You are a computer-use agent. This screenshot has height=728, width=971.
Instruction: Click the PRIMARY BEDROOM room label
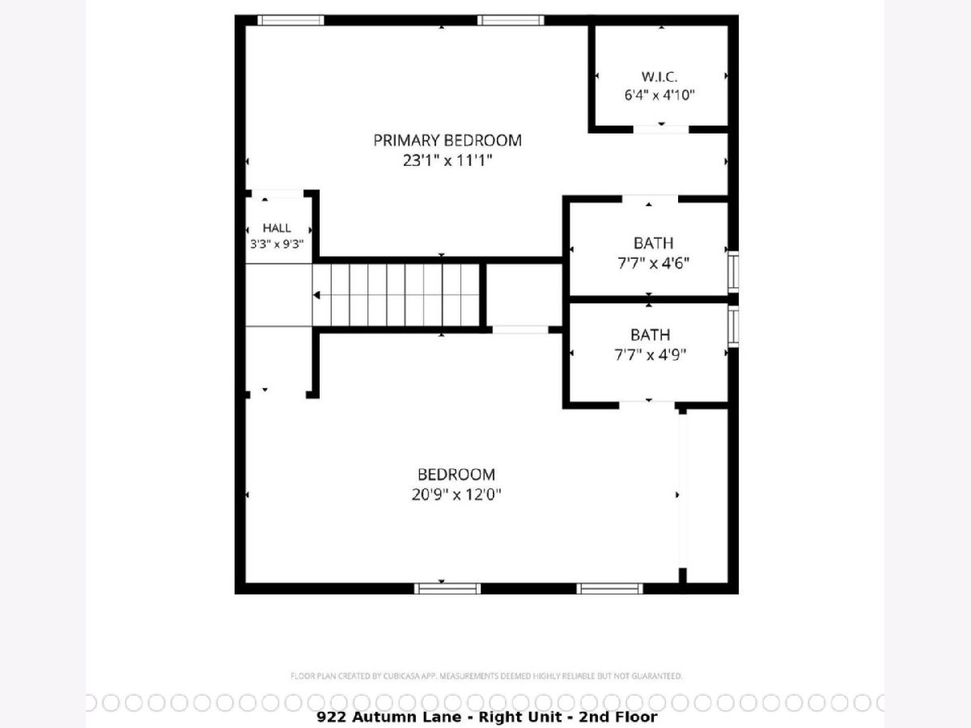click(x=447, y=141)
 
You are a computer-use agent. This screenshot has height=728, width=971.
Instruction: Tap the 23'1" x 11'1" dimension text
click(x=447, y=160)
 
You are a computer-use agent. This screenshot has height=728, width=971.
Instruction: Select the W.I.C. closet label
click(x=659, y=77)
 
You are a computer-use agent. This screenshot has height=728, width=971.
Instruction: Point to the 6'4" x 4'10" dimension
click(x=659, y=95)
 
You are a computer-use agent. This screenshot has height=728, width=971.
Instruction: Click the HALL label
click(x=277, y=228)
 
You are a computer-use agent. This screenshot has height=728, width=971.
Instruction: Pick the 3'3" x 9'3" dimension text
click(x=277, y=244)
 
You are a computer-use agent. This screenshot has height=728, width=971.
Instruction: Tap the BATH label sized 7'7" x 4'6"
click(x=653, y=243)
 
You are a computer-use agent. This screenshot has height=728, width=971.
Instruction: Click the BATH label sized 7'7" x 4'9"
click(x=651, y=335)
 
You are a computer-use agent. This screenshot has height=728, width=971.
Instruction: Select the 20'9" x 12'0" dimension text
click(x=456, y=494)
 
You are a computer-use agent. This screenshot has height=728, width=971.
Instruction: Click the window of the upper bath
click(x=733, y=272)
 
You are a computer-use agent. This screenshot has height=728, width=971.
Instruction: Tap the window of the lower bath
click(x=733, y=327)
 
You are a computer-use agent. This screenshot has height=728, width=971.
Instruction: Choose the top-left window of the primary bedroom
click(x=290, y=20)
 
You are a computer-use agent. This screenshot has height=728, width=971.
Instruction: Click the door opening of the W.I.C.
click(x=661, y=129)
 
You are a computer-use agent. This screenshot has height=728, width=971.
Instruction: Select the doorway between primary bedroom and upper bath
click(x=650, y=199)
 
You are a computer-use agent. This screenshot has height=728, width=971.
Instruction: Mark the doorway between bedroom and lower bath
click(x=647, y=405)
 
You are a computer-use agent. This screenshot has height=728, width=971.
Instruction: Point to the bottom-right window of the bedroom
click(x=609, y=588)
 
